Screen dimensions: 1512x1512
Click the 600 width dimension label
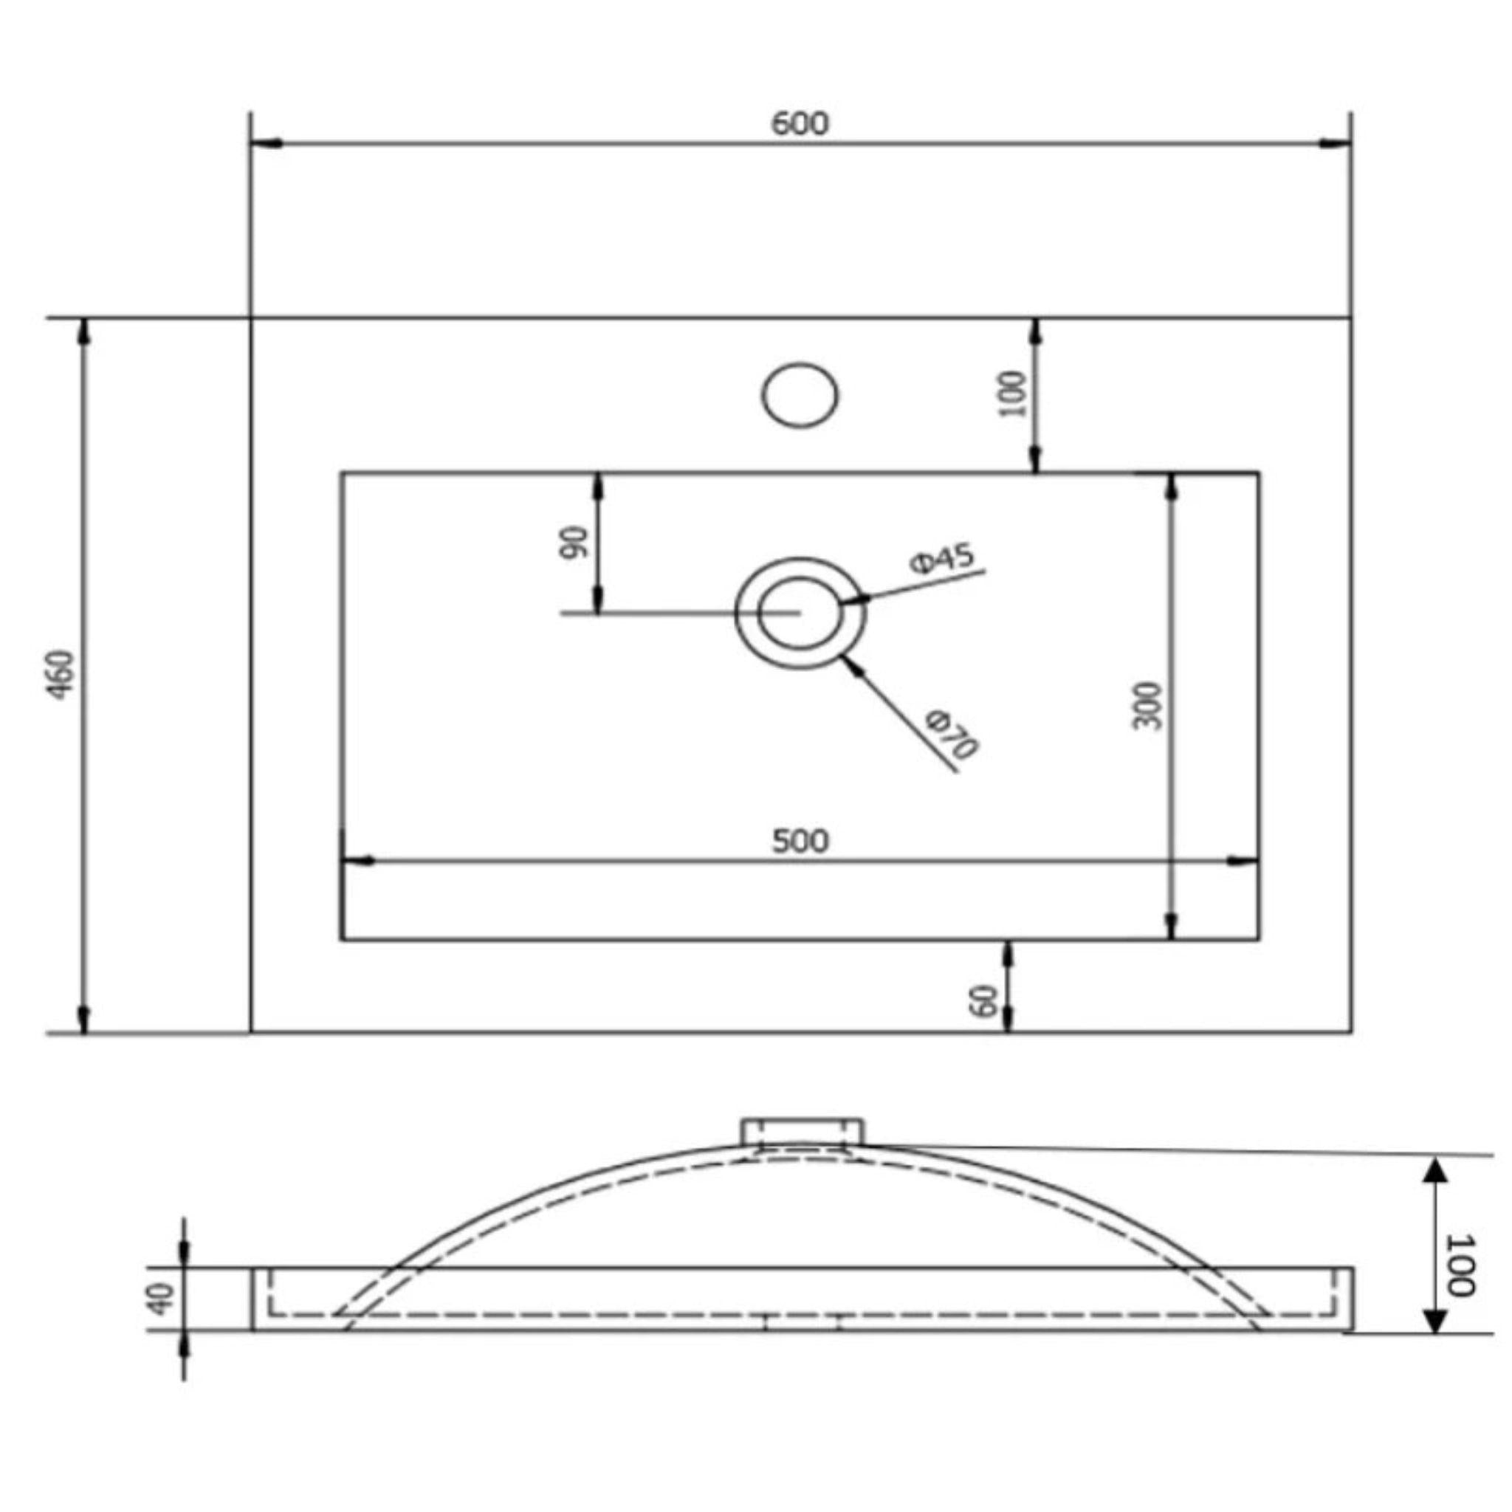tap(799, 123)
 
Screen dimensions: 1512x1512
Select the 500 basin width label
tap(800, 842)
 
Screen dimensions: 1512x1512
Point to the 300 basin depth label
tap(1147, 705)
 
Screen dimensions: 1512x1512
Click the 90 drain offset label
tap(574, 543)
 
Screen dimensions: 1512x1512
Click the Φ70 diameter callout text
tap(952, 735)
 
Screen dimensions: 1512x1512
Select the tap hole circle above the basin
tap(800, 394)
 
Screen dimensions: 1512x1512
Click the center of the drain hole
tap(800, 613)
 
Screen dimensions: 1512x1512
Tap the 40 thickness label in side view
tap(161, 1299)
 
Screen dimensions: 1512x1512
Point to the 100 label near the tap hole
tap(1012, 394)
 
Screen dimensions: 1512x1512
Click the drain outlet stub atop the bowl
tap(803, 1132)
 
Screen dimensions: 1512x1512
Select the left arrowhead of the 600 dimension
tap(266, 144)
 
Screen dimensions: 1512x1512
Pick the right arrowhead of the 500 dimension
tap(1243, 862)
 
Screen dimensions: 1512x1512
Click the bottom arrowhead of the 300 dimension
tap(1171, 926)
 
